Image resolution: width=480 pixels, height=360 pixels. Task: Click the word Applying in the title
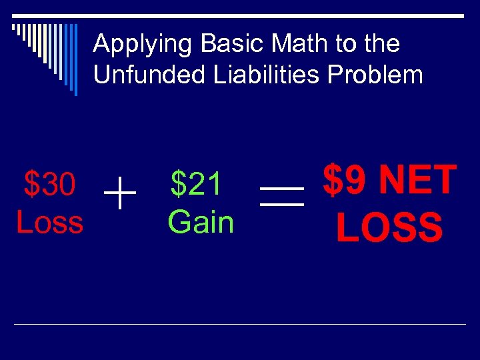coord(135,45)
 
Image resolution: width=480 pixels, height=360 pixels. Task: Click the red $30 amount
coord(49,184)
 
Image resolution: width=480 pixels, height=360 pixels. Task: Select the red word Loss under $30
coord(49,222)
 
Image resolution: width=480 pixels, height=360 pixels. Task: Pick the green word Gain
coord(201,221)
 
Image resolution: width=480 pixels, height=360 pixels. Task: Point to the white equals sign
coord(281,195)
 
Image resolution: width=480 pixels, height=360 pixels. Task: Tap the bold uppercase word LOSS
coord(389,227)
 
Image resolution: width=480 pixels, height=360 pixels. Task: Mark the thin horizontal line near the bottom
coord(240,324)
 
